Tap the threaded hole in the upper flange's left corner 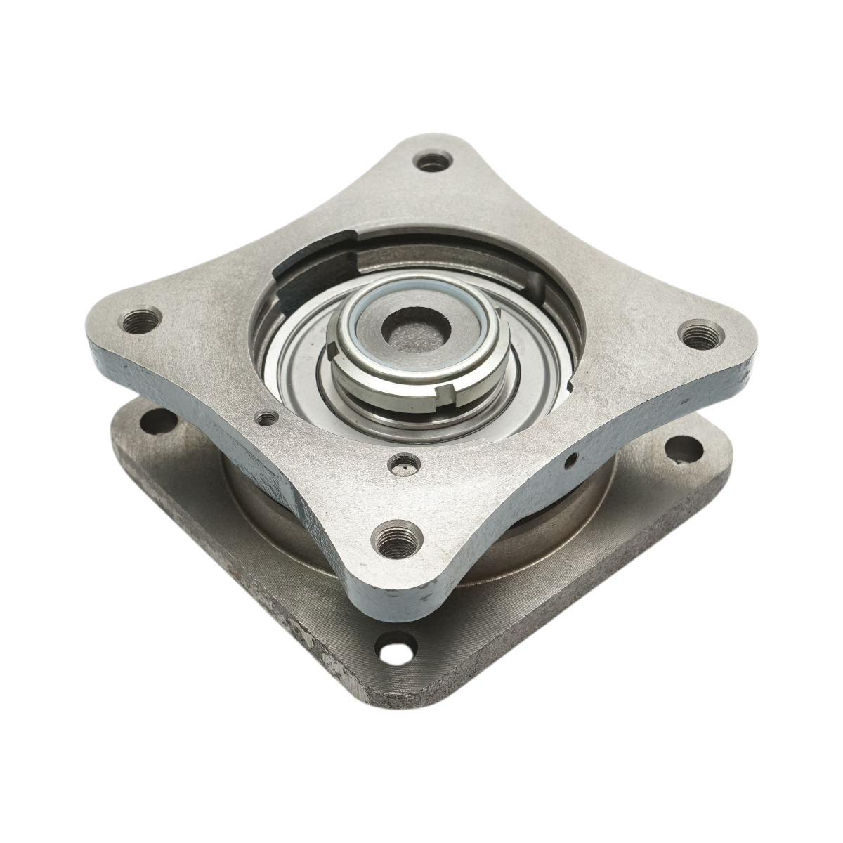[x=140, y=322]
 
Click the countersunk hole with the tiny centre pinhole [x=405, y=463]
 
